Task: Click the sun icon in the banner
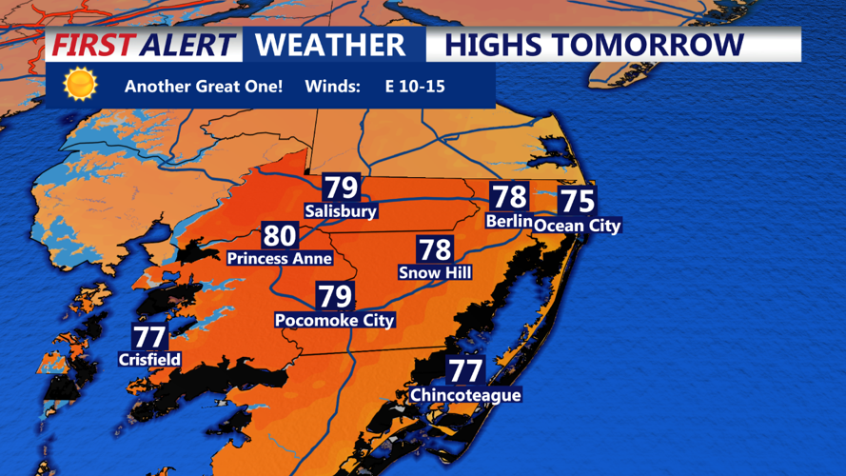pos(80,85)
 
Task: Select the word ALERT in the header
pos(187,45)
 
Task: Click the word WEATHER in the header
pos(330,45)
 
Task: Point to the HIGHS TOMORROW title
pos(594,45)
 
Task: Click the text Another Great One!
pos(204,87)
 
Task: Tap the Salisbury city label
pos(341,211)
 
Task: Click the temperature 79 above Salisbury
pos(341,188)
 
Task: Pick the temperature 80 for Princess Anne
pos(280,235)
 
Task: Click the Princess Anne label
pos(280,258)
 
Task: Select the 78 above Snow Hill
pos(435,249)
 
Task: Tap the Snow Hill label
pos(435,273)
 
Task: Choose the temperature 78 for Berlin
pos(509,197)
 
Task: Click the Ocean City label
pos(577,226)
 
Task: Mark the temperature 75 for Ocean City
pos(577,201)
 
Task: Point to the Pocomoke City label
pos(334,321)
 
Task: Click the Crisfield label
pos(149,360)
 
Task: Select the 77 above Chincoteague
pos(465,370)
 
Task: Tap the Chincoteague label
pos(465,395)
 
